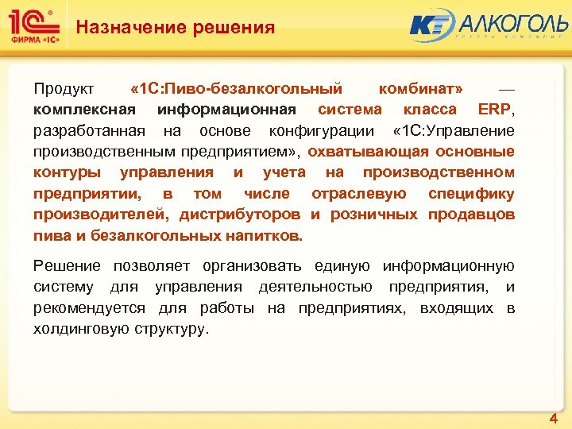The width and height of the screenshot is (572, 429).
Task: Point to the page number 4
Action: pyautogui.click(x=553, y=418)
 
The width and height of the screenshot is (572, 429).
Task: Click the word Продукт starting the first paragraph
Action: pyautogui.click(x=64, y=88)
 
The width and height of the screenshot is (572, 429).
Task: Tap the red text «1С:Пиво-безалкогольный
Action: pyautogui.click(x=236, y=88)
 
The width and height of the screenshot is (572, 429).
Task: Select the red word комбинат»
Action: pyautogui.click(x=422, y=88)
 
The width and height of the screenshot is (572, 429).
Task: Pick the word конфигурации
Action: pyautogui.click(x=321, y=130)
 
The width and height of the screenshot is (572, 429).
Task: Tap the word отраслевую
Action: pyautogui.click(x=359, y=194)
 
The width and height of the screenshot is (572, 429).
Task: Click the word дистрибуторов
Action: pyautogui.click(x=240, y=214)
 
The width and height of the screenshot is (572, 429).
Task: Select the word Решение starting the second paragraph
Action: pyautogui.click(x=67, y=266)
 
